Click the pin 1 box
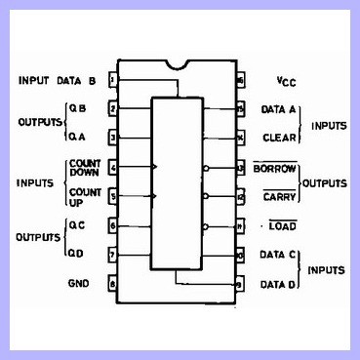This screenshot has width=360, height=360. point(113,80)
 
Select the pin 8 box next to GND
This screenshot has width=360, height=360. point(113,284)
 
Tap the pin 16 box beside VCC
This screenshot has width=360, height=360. point(240,80)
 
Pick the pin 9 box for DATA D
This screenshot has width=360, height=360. point(240,284)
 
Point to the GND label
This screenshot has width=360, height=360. point(78,284)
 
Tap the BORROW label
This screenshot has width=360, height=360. point(274,168)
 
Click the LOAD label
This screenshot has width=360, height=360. point(283,226)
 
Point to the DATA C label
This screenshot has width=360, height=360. point(280,256)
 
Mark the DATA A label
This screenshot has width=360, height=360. point(279,110)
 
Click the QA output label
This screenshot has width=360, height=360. point(78,138)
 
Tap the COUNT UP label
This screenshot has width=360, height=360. point(84,196)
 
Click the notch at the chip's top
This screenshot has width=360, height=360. point(177,66)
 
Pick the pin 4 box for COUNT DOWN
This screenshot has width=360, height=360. point(113,168)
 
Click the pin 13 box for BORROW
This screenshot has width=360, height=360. point(240,168)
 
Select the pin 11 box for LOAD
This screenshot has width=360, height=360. point(240,226)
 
